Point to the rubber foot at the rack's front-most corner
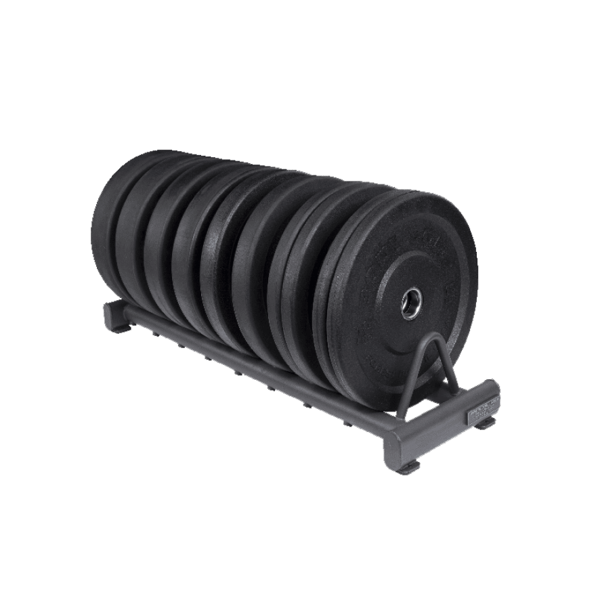pyautogui.click(x=407, y=467)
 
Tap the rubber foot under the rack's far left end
pyautogui.click(x=120, y=328)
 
